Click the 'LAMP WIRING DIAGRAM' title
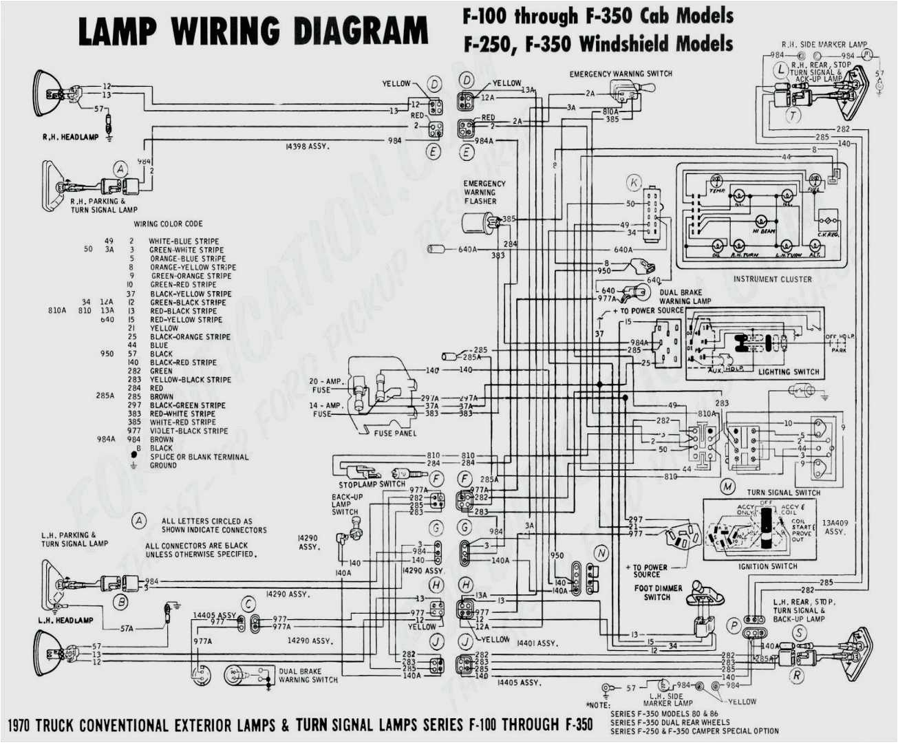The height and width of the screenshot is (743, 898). [x=253, y=32]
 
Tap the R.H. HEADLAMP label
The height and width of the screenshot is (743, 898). [x=70, y=138]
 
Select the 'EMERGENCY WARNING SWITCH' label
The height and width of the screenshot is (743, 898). [x=621, y=74]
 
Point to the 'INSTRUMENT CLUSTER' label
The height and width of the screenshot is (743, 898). [x=772, y=279]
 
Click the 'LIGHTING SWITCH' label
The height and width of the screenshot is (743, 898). [x=789, y=371]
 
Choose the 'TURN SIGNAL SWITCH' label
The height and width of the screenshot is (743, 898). [x=783, y=493]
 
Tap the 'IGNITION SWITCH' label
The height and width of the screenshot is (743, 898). [x=767, y=566]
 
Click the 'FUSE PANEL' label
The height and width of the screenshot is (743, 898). [x=395, y=433]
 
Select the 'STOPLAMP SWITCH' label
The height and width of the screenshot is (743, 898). [x=372, y=484]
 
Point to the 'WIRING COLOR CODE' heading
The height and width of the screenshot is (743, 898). [x=168, y=224]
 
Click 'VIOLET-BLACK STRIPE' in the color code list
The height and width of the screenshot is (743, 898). [x=189, y=431]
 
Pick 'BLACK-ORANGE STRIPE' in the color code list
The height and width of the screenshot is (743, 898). [x=190, y=337]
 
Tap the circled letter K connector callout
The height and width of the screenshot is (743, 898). [x=634, y=183]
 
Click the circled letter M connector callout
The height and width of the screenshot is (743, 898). [x=727, y=486]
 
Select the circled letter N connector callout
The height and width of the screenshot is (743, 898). [x=601, y=553]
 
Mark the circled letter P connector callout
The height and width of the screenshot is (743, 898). [x=734, y=625]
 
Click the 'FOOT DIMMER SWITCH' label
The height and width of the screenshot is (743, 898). [x=658, y=592]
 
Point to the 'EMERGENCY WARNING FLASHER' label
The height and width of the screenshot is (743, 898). [x=484, y=193]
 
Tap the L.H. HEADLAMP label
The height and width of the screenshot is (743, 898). [x=65, y=621]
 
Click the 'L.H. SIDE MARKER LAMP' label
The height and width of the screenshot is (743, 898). [x=667, y=700]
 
